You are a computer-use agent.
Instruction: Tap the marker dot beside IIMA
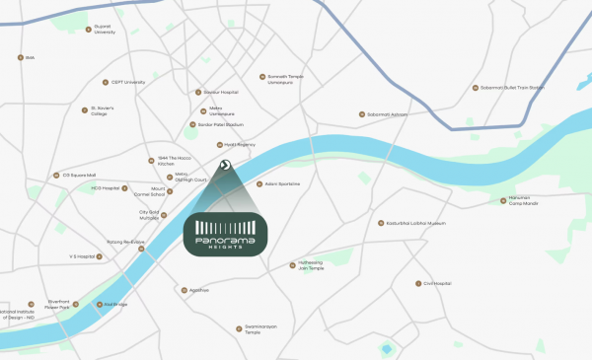click(x=20, y=57)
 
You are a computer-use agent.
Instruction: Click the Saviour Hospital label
click(x=222, y=92)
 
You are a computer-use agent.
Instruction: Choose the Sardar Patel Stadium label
click(x=221, y=124)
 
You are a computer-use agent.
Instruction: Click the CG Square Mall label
click(x=79, y=175)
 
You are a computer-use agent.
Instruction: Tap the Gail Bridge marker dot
click(x=96, y=304)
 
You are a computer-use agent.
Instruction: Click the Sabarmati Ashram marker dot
click(x=362, y=114)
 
